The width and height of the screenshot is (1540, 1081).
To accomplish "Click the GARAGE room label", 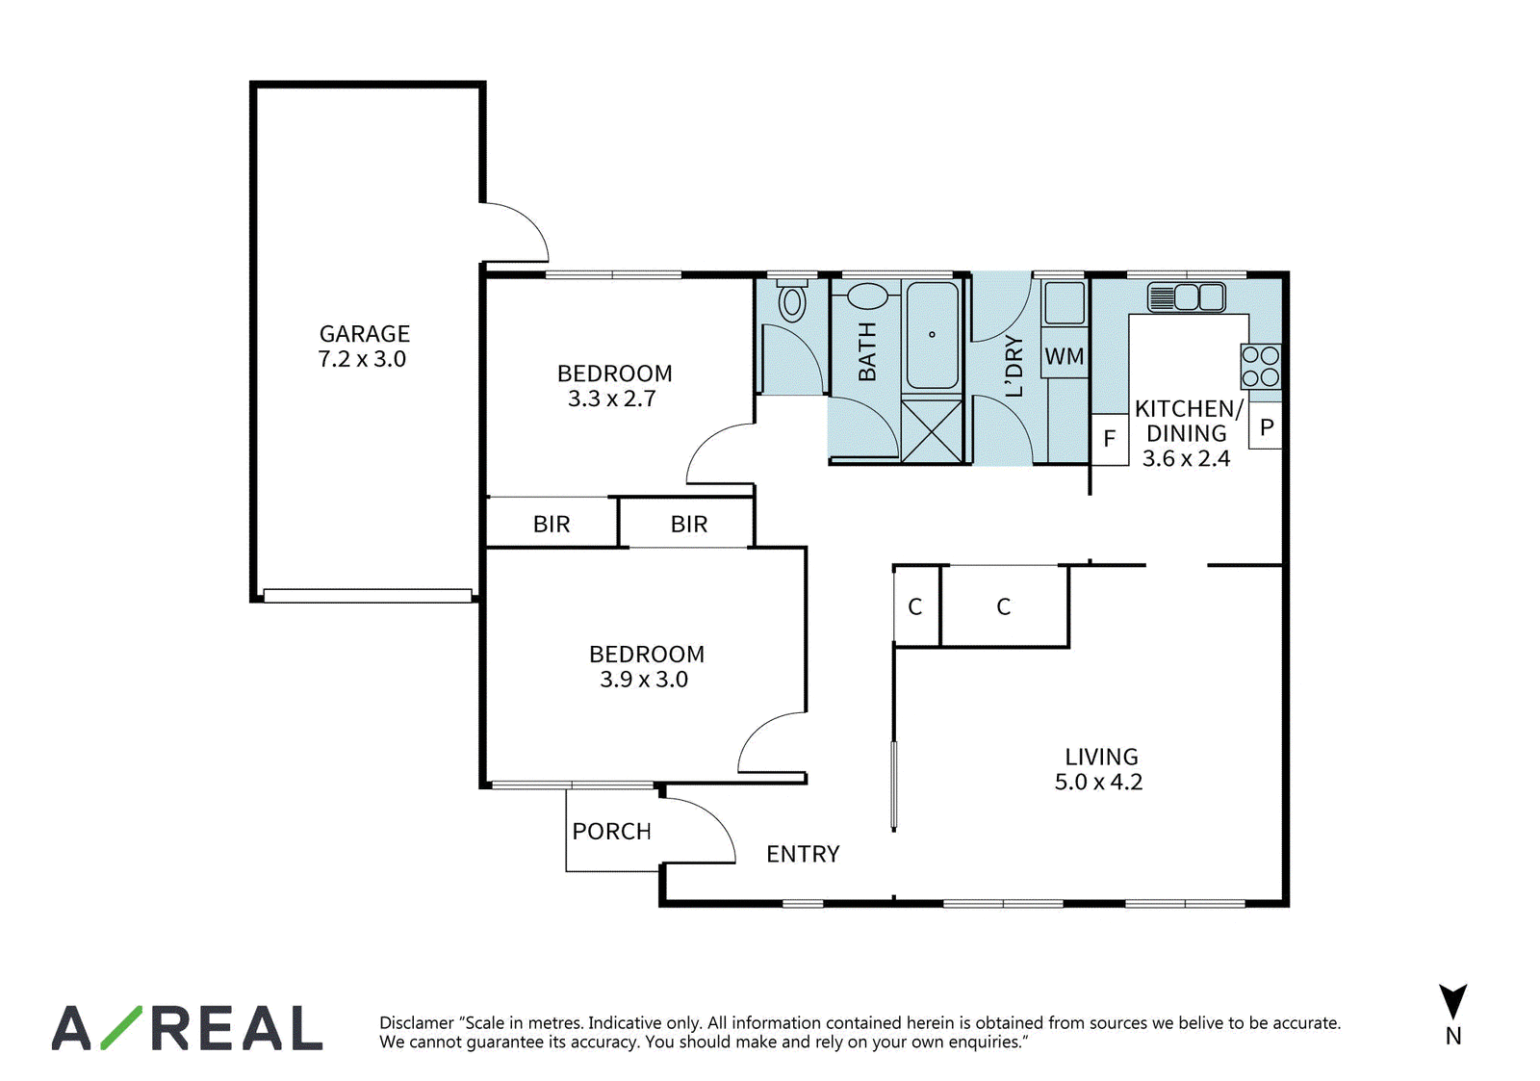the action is click(365, 333).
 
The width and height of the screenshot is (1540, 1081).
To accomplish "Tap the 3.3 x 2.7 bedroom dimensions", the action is click(612, 399).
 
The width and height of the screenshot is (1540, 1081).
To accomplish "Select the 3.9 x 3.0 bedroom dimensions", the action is click(644, 680).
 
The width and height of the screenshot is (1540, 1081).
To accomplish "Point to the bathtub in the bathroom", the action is click(933, 336).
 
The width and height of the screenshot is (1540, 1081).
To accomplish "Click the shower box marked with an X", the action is click(932, 431).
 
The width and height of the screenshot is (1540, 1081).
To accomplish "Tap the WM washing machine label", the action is click(1065, 356).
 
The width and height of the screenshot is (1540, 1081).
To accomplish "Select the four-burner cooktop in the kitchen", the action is click(1261, 366).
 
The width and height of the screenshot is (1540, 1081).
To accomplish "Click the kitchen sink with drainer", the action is click(1186, 297).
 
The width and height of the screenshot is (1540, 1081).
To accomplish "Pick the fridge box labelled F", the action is click(1110, 439).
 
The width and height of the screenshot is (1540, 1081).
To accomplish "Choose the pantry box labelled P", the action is click(1266, 426).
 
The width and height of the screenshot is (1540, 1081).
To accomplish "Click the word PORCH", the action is click(612, 832).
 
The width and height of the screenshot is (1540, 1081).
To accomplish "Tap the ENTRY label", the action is click(803, 854).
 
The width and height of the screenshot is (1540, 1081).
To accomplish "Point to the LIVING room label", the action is click(1101, 757).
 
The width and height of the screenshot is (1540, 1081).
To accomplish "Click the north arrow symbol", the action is click(1452, 1002).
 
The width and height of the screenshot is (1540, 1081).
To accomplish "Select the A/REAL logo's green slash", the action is click(121, 1027).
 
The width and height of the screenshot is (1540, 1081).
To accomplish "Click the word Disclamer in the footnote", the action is click(417, 1022).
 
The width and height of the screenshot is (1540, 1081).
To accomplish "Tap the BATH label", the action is click(867, 350).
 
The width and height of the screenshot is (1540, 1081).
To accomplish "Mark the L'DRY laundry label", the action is click(1014, 366).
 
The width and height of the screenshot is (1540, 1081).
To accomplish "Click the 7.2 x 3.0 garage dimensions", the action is click(362, 359).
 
